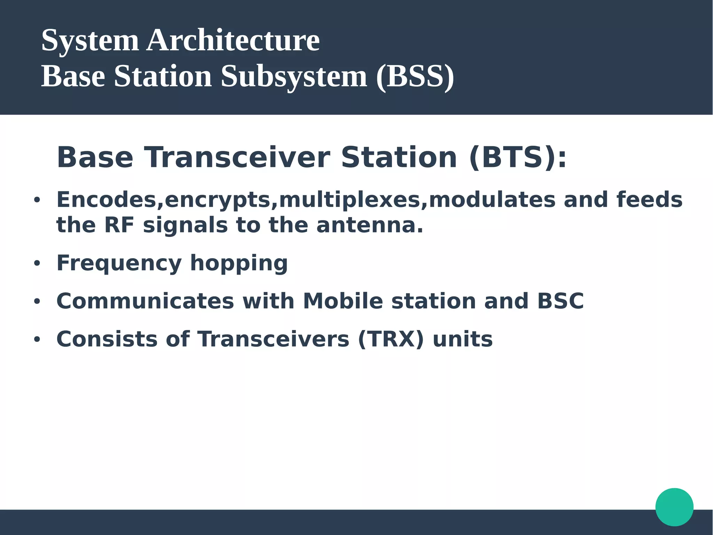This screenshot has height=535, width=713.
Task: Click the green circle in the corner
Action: pyautogui.click(x=674, y=507)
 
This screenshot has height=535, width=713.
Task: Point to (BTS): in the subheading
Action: pyautogui.click(x=518, y=158)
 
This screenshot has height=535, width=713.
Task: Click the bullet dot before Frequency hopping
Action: pyautogui.click(x=37, y=264)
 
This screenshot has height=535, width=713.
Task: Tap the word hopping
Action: pyautogui.click(x=239, y=263)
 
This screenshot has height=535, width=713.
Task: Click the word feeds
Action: pyautogui.click(x=649, y=200)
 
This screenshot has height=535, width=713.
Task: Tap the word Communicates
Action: pyautogui.click(x=145, y=301)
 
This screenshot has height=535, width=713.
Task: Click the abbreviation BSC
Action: pyautogui.click(x=560, y=301)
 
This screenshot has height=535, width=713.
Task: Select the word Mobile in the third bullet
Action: pyautogui.click(x=343, y=301)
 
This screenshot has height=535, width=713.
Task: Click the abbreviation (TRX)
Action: pyautogui.click(x=391, y=339)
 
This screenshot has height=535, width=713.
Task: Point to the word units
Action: pyautogui.click(x=462, y=339)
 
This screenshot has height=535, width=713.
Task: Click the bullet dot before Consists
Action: pyautogui.click(x=37, y=339)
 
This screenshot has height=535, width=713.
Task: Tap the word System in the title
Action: pyautogui.click(x=90, y=40)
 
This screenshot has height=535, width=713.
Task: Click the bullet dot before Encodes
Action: pyautogui.click(x=37, y=200)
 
